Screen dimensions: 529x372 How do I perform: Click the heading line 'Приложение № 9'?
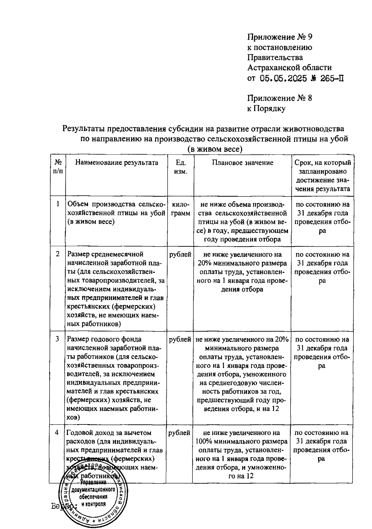click(280, 37)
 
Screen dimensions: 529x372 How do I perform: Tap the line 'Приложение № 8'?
click(279, 98)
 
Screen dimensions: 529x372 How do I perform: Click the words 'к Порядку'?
click(266, 109)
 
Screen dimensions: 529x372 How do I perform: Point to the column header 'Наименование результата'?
click(117, 163)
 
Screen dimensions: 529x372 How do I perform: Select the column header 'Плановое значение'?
click(242, 163)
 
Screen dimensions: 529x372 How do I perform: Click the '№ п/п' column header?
click(58, 167)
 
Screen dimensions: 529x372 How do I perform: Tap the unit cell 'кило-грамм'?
click(180, 209)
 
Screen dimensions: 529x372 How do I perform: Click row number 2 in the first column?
click(58, 254)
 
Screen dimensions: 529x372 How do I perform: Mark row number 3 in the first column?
click(58, 339)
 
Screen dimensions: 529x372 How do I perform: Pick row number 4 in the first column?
click(57, 433)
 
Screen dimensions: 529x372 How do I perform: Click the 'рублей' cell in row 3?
click(180, 339)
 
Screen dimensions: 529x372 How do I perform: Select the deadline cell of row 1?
click(322, 217)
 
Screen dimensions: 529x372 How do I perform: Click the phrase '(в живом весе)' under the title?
click(215, 149)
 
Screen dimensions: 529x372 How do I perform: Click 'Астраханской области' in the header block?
click(289, 68)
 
